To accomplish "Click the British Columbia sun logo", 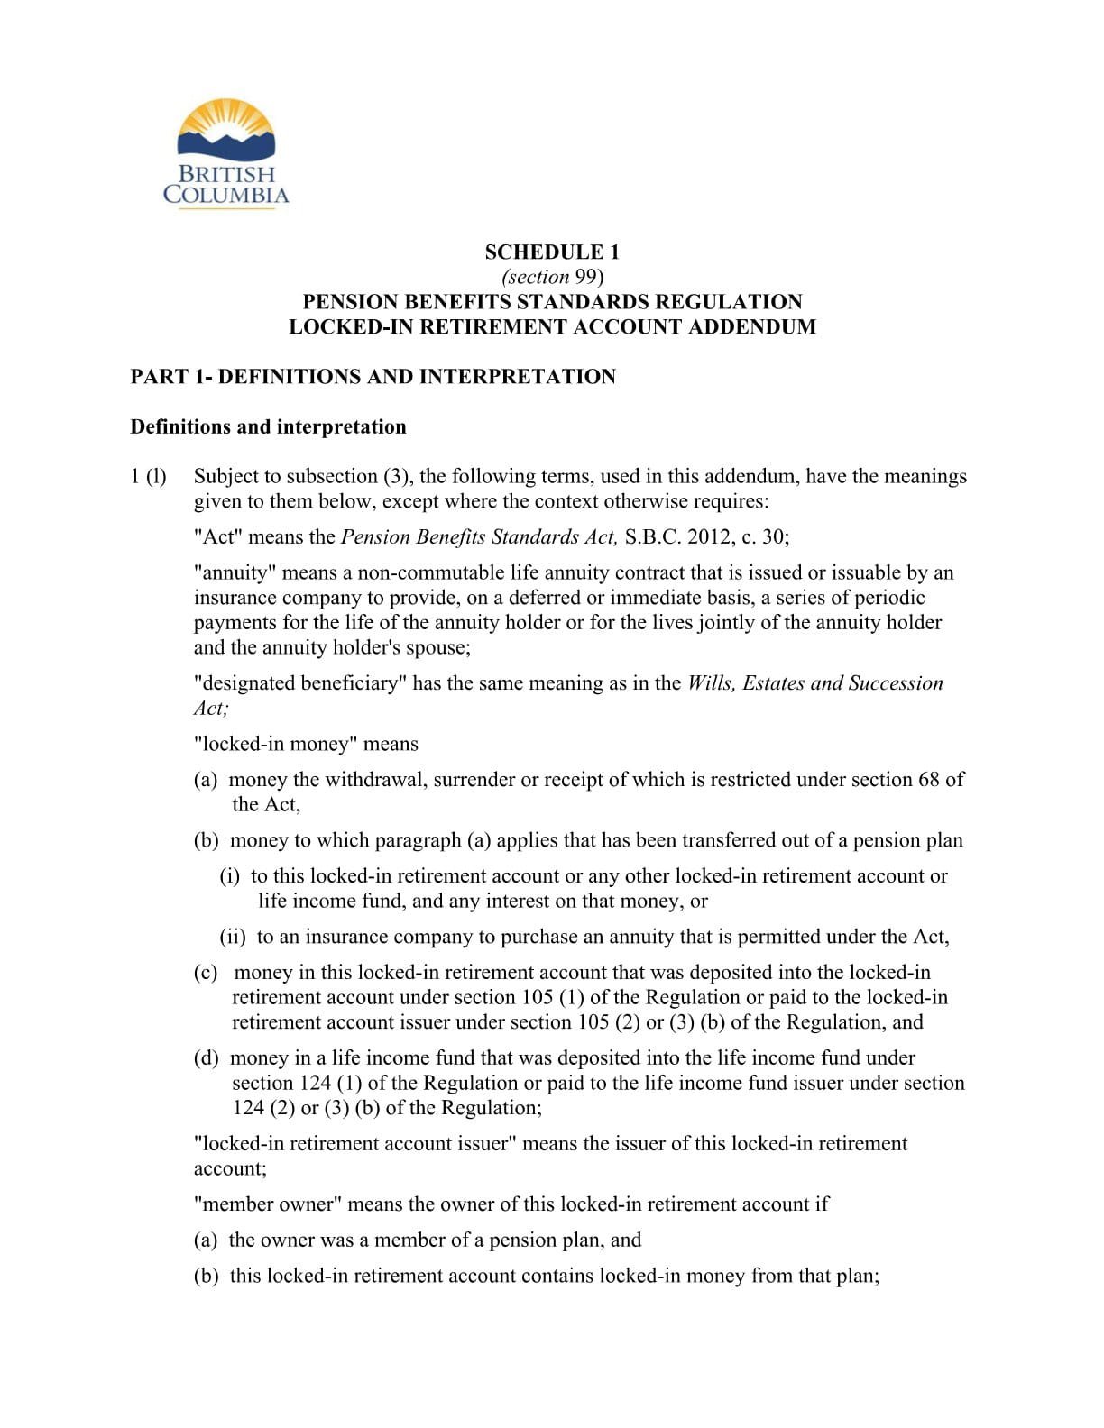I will (x=225, y=153).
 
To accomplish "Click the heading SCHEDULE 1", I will (x=551, y=252).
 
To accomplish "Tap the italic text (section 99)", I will (x=551, y=276).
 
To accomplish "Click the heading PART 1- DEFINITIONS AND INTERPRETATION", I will (x=373, y=376).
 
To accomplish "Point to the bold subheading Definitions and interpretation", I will (x=268, y=426).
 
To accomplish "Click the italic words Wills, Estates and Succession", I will (x=814, y=683).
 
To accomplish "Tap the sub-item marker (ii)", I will (x=233, y=937).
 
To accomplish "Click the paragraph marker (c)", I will (x=206, y=973).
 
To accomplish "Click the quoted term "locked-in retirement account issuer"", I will (x=354, y=1143).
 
